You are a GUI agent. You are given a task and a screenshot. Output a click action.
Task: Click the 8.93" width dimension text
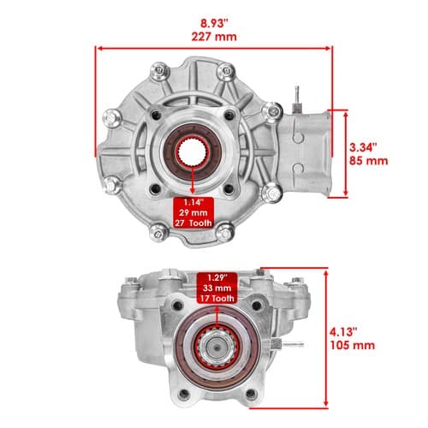pos(215,23)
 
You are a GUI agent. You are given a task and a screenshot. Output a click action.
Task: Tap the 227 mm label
pos(214,37)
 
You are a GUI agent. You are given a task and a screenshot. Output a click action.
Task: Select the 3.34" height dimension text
pos(363,147)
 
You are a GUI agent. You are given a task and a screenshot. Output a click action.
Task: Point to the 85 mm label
pos(369,161)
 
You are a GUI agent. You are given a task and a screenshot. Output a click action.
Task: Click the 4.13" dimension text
pos(343,332)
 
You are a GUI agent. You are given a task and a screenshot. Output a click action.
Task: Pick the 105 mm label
pos(353,345)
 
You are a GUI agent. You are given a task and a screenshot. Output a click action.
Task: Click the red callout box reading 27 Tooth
pos(193,212)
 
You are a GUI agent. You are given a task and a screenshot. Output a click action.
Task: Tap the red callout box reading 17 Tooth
pos(217,288)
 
